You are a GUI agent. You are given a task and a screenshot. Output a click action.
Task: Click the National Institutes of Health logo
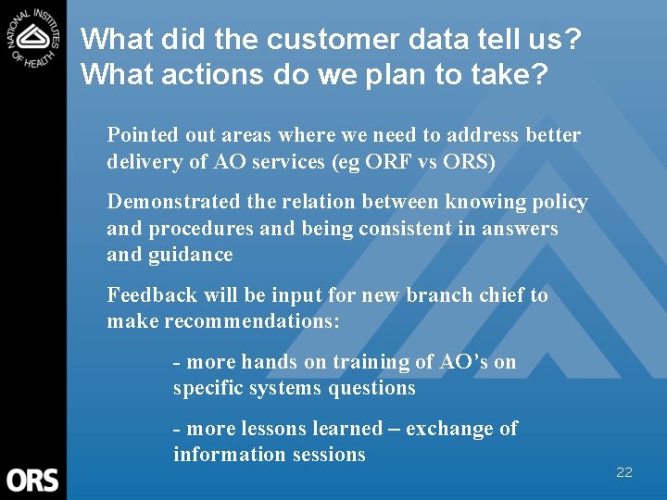click(x=33, y=37)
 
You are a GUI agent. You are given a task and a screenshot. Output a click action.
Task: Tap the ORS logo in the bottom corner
click(x=32, y=480)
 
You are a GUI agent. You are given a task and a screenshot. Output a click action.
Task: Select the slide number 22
click(x=624, y=472)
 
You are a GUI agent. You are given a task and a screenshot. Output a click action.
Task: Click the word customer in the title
click(x=312, y=40)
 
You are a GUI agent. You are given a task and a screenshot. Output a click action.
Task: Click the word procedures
click(x=197, y=228)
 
